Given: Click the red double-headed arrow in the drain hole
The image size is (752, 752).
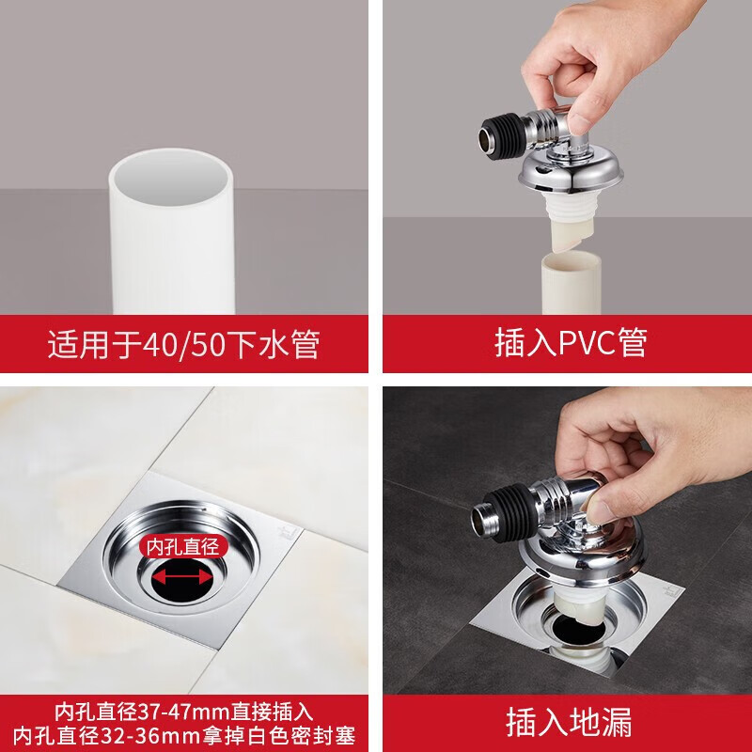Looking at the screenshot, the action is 183,577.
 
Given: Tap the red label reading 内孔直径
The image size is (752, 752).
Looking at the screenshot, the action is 182,547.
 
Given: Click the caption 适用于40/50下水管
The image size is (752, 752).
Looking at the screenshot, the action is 183,344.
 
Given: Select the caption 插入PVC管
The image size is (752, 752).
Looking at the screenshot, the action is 571,342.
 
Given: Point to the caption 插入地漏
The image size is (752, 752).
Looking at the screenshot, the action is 569,722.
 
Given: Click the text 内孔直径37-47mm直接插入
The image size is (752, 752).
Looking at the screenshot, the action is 183,712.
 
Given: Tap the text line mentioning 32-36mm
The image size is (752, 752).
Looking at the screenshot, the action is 184,736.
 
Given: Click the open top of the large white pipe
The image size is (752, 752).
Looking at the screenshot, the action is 171,177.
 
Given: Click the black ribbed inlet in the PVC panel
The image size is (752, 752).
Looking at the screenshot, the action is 501,134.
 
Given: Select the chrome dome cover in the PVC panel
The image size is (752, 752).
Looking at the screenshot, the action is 571,173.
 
